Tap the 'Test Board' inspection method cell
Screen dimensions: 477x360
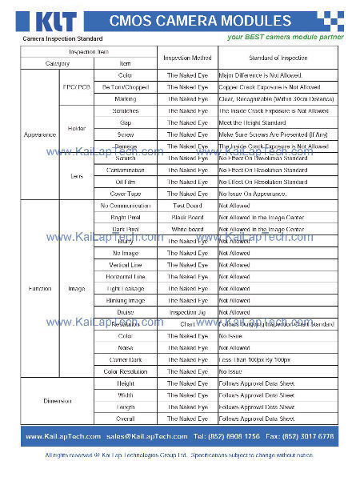[x=187, y=206]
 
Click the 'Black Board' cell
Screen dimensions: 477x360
[x=187, y=217]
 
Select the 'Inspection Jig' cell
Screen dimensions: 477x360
[x=187, y=312]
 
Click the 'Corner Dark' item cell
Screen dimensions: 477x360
[x=125, y=359]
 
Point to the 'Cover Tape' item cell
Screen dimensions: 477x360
[x=125, y=194]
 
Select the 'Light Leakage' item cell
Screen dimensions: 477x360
[x=125, y=288]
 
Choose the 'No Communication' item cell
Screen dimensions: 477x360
[x=125, y=206]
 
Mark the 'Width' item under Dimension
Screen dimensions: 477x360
[x=125, y=395]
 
